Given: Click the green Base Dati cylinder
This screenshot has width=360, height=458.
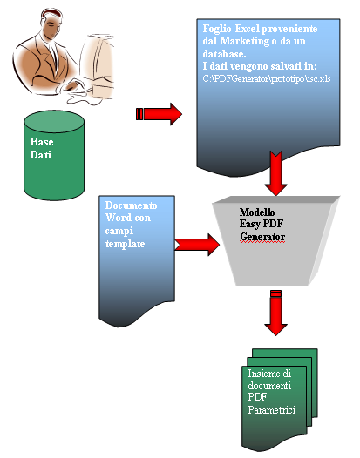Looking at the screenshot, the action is click(54, 155).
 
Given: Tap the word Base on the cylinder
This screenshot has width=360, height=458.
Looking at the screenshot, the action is click(42, 142).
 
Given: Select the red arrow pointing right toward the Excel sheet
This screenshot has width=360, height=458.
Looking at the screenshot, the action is click(159, 114).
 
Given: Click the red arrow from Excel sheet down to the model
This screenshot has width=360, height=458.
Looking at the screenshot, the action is click(275, 173).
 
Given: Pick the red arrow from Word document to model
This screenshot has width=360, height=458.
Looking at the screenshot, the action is click(197, 245).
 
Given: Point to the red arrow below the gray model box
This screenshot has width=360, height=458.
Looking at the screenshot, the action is click(275, 313).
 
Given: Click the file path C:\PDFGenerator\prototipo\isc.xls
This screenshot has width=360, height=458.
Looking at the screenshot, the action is click(267, 79).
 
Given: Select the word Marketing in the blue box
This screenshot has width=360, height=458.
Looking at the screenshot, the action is click(244, 41).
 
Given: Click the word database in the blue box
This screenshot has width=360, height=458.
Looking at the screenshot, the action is click(224, 54).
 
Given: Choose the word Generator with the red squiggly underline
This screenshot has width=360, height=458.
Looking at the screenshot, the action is click(262, 237).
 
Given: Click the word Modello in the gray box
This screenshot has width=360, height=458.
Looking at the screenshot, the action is click(257, 212).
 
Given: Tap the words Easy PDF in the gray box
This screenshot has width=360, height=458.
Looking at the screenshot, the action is click(262, 224).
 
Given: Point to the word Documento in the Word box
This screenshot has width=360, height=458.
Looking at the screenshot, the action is click(131, 205).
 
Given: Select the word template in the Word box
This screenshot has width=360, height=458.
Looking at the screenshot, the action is click(126, 244).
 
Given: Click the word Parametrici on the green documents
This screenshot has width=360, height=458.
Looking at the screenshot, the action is click(272, 409).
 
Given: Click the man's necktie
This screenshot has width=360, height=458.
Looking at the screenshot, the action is click(54, 56).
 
